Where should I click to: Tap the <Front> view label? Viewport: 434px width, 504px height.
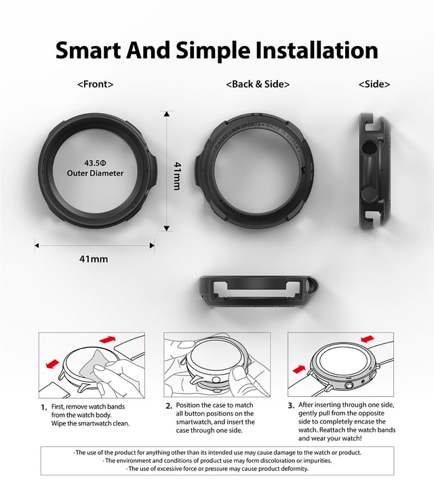click(x=95, y=85)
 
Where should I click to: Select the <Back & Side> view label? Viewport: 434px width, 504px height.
click(x=258, y=85)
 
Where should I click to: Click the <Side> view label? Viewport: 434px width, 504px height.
click(x=374, y=85)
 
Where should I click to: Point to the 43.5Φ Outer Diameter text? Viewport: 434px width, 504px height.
click(x=95, y=168)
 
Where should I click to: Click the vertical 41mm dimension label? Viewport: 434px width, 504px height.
click(x=176, y=175)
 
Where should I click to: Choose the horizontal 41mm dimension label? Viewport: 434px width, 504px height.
click(x=94, y=259)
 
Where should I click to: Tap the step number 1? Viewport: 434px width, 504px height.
click(x=43, y=406)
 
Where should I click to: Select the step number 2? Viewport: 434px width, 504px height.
click(x=169, y=406)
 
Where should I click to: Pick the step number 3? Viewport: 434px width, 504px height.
click(x=291, y=406)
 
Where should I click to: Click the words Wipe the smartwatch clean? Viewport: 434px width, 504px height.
click(x=90, y=423)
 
